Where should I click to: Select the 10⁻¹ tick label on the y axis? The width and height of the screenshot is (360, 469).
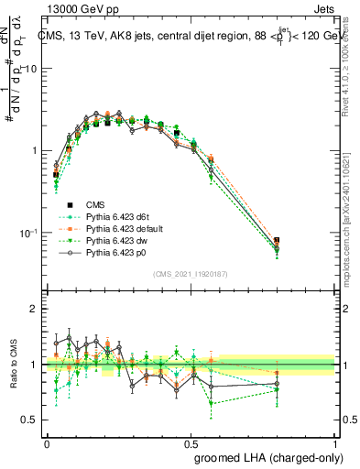33,233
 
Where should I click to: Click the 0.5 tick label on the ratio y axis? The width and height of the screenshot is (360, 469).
34,420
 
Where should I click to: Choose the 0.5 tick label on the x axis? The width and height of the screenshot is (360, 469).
191,441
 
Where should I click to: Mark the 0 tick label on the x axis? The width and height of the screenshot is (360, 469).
47,441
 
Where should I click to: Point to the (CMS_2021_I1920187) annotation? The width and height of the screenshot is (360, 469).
191,274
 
